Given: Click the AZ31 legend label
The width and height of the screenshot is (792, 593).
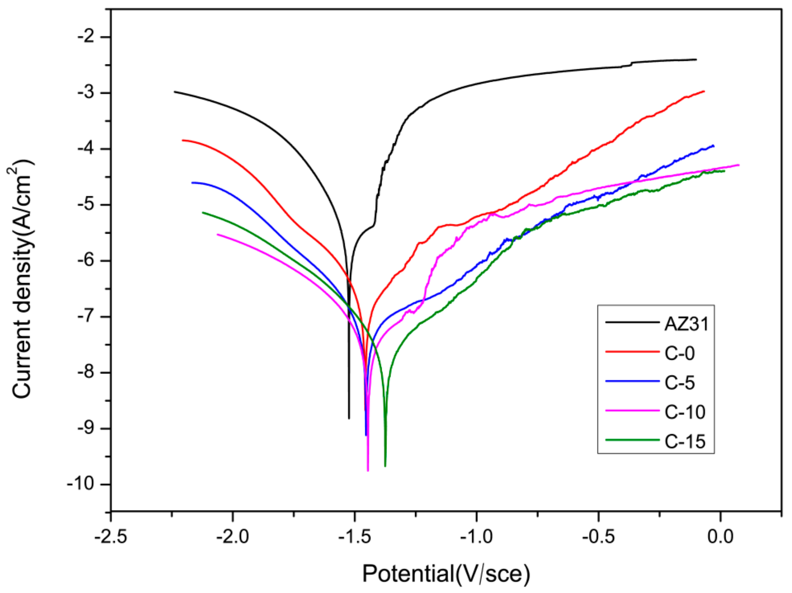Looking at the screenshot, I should [686, 324].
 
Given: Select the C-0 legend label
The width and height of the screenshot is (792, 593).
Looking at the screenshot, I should [680, 354].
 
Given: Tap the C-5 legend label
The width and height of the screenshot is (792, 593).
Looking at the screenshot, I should [680, 383].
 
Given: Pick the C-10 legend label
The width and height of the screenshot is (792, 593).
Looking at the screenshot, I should [685, 412].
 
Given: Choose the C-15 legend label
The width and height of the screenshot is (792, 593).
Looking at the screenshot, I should [685, 441].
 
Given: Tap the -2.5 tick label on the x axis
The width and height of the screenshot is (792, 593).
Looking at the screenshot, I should [111, 536].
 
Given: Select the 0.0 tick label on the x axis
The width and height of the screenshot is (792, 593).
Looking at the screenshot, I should [720, 536].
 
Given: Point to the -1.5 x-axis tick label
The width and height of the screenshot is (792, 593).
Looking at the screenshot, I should [354, 536].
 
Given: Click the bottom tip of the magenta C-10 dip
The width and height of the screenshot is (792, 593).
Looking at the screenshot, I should [368, 470].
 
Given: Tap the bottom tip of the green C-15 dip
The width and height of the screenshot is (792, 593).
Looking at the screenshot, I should [385, 466].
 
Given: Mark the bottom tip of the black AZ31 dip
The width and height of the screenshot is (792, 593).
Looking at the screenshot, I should [349, 418].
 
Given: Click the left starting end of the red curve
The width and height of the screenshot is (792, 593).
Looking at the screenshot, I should [183, 140].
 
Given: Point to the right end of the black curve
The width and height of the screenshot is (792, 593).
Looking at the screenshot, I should [696, 59].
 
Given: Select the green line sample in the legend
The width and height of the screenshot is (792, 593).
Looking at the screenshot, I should [632, 440].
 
